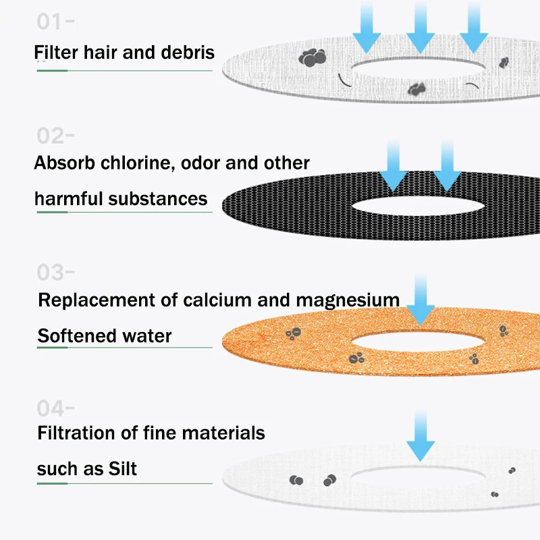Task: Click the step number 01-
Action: pos(55,22)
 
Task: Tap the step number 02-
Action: pos(55,136)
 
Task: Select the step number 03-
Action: pos(55,273)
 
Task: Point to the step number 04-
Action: pos(55,408)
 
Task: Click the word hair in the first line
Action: pos(101,52)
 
